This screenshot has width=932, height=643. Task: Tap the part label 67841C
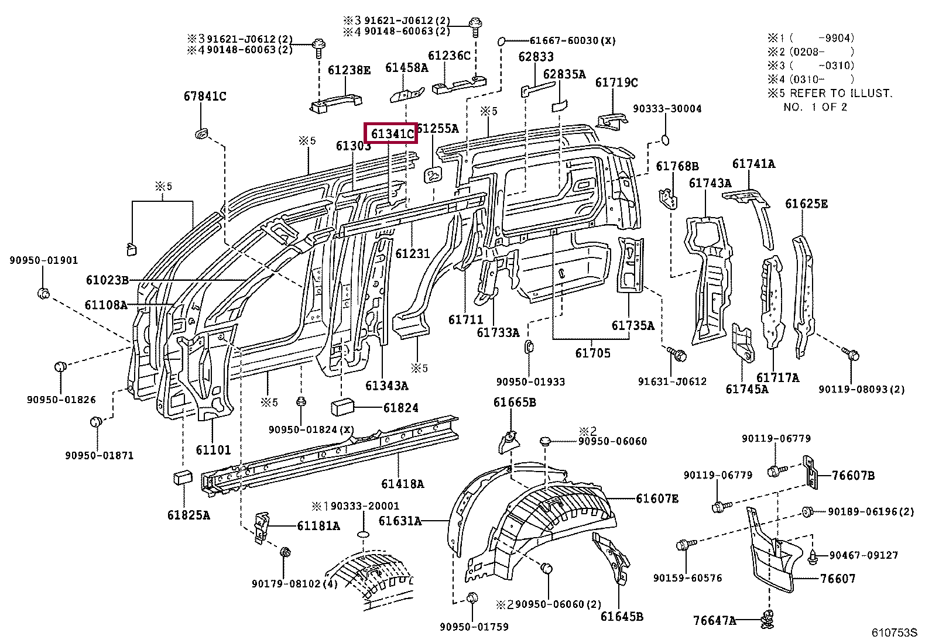[204, 96]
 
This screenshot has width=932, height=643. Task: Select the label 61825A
[188, 515]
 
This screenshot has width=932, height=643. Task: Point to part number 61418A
[402, 483]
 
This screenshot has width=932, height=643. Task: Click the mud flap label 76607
[837, 578]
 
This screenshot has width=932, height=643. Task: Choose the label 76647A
[714, 620]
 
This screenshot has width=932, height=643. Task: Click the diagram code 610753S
[895, 633]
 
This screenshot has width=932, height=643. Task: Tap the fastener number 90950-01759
[474, 627]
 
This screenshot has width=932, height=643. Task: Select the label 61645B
[622, 616]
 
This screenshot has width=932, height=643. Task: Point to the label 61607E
[657, 498]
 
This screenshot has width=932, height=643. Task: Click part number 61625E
[806, 204]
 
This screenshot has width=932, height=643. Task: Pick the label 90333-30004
[667, 108]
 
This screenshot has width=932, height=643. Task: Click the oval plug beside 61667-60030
[502, 42]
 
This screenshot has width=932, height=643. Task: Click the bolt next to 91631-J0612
[679, 353]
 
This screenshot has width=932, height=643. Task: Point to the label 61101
[213, 450]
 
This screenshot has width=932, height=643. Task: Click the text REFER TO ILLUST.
[841, 93]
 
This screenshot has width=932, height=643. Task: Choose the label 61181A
[318, 525]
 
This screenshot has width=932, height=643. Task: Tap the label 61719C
[616, 82]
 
